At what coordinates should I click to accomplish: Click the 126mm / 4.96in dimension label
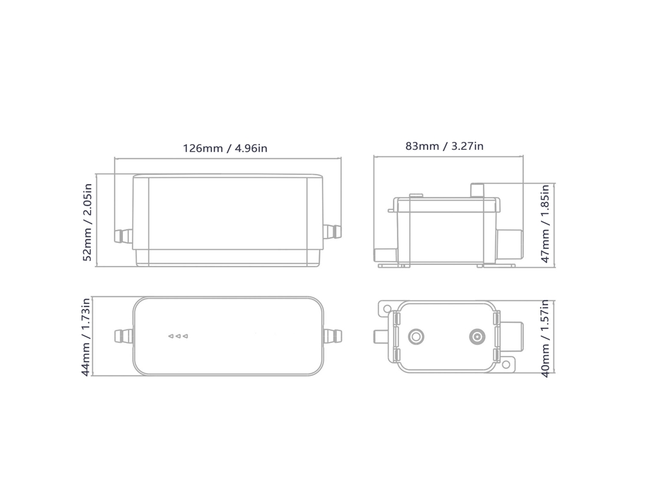pos(225,148)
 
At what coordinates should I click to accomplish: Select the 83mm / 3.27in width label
pos(444,146)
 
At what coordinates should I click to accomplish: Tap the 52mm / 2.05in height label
pos(87,222)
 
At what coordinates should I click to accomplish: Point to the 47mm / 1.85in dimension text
pos(545,224)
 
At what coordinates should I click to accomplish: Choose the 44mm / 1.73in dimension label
pos(85,337)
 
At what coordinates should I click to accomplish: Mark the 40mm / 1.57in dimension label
pos(545,338)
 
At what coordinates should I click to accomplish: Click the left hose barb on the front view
pos(123,236)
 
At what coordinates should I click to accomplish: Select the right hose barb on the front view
pos(332,231)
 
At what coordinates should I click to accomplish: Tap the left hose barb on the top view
pos(124,336)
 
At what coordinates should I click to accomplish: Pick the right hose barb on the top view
pos(333,336)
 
